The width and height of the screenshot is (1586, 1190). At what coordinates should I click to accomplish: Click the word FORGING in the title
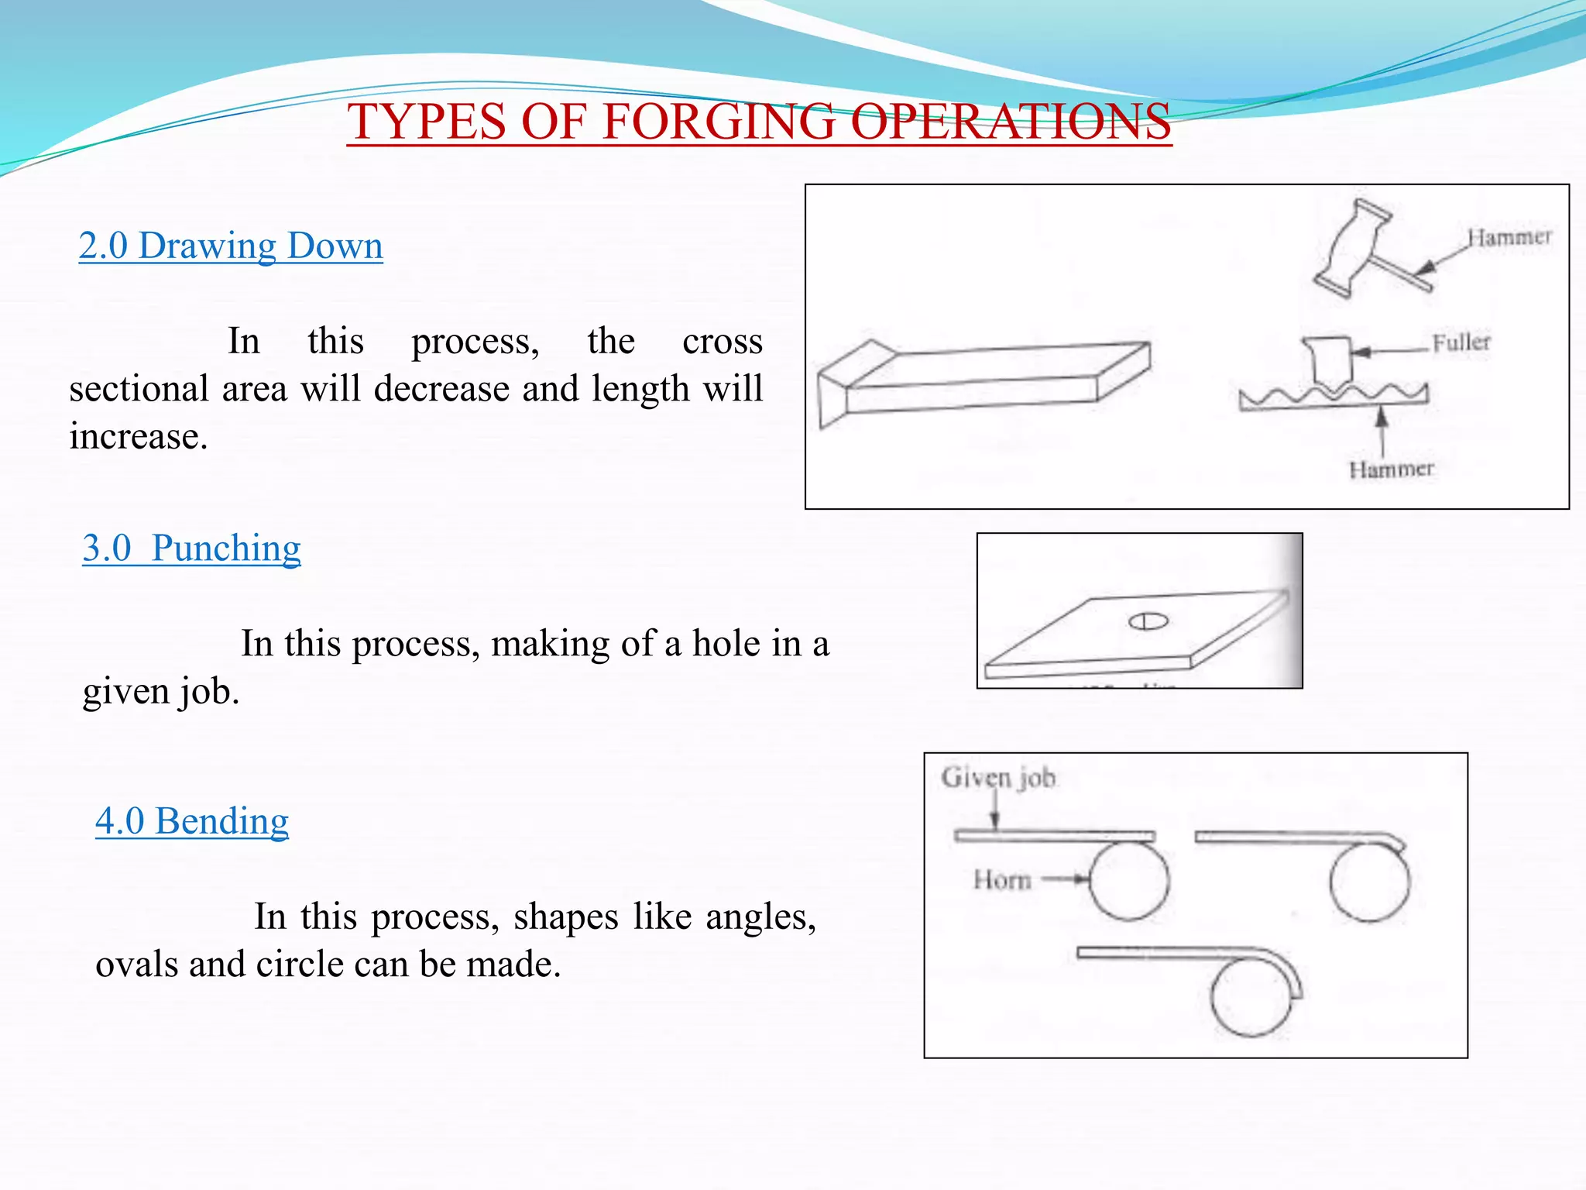point(719,122)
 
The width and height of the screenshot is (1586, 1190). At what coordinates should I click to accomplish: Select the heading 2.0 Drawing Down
point(231,246)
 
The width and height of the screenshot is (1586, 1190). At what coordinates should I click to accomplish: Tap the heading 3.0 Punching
point(191,549)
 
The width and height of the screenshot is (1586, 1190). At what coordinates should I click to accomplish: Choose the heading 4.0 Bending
point(192,821)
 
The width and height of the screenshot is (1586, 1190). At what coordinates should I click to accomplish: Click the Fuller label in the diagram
point(1461,342)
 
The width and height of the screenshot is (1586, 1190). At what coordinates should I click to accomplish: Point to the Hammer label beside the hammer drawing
point(1509,237)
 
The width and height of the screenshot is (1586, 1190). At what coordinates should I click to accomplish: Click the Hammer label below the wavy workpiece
point(1391,469)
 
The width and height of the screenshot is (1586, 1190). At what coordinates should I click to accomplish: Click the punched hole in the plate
point(1148,621)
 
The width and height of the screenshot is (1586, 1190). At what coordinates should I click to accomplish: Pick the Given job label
point(998,777)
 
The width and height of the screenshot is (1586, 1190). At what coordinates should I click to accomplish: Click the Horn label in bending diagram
point(1002,880)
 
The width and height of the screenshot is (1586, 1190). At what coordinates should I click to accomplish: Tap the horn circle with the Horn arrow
point(1129,882)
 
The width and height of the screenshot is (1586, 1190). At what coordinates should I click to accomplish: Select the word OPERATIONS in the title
point(1011,122)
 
